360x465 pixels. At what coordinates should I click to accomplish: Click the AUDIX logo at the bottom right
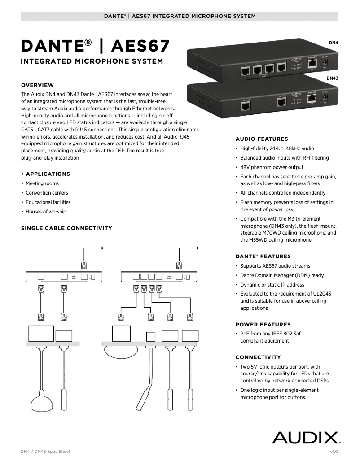tap(306, 437)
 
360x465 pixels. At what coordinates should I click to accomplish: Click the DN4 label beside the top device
tap(333, 43)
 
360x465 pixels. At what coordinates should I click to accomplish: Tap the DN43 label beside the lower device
tap(332, 78)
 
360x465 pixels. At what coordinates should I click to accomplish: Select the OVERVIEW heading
tap(38, 85)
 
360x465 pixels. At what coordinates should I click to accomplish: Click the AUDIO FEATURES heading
tap(262, 139)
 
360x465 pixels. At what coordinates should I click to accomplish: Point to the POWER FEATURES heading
tap(263, 324)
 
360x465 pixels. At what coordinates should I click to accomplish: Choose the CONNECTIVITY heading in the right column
tap(258, 357)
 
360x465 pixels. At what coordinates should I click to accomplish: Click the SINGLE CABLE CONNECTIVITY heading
tap(66, 228)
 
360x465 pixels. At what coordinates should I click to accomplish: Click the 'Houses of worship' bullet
tap(46, 212)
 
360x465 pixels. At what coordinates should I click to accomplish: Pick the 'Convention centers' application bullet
tap(47, 193)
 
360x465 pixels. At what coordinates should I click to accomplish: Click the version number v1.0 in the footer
tap(334, 452)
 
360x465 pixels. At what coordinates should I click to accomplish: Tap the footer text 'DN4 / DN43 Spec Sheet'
tap(46, 452)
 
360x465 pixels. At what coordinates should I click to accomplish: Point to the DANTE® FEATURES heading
tap(263, 256)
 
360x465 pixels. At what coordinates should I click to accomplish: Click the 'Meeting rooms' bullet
tap(42, 183)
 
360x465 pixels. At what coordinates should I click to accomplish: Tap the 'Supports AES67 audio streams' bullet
tap(275, 266)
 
